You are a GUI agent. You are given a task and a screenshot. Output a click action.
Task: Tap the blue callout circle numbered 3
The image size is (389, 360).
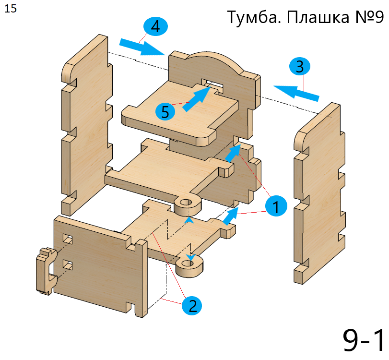pos(300,67)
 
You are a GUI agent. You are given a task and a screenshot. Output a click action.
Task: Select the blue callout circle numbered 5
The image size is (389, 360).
pos(165,112)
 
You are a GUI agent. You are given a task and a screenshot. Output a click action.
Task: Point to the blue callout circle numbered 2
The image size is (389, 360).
pos(192,305)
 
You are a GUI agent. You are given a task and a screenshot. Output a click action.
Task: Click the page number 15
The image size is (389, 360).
pos(10,9)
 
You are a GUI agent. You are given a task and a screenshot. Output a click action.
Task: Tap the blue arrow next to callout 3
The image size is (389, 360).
pos(296,91)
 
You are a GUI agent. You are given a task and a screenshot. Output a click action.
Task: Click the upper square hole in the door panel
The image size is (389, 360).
pos(68,239)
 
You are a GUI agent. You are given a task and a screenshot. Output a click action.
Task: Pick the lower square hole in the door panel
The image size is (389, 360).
pos(68,264)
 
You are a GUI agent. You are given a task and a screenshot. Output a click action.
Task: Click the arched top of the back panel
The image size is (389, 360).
pos(211,60)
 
